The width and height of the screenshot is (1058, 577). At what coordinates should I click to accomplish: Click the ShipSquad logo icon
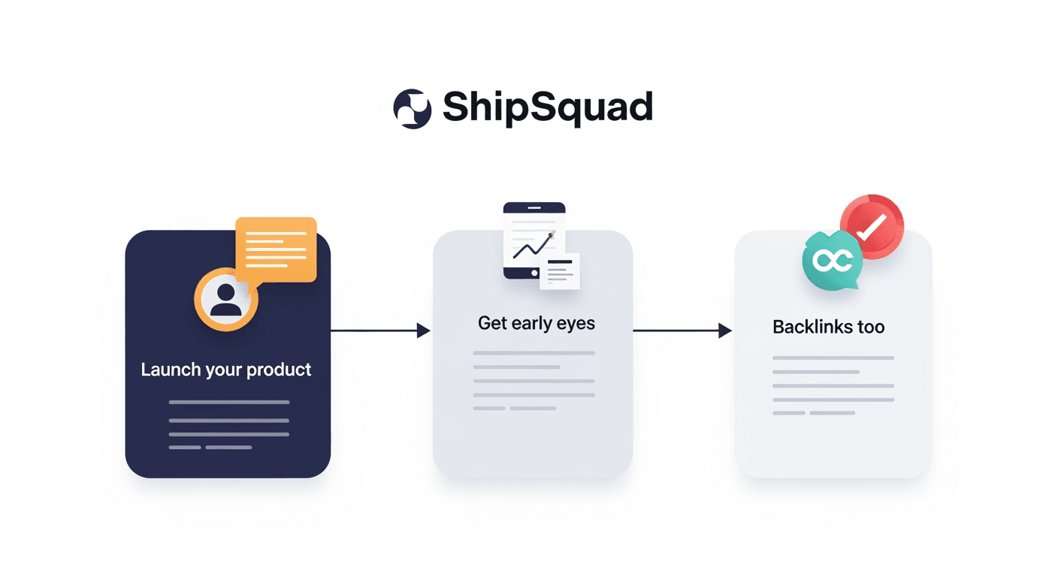click(413, 108)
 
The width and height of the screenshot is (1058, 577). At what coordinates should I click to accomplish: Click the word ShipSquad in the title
click(547, 107)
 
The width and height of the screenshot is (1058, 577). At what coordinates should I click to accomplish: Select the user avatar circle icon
click(226, 298)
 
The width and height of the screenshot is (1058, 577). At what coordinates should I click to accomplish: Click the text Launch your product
click(226, 370)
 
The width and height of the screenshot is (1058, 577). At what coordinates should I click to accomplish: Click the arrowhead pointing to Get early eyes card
click(424, 330)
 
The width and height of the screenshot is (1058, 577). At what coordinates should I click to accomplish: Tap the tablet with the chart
click(534, 240)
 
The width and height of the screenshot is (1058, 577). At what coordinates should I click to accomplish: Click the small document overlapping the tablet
click(560, 271)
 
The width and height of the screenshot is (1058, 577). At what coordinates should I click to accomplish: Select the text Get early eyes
click(537, 323)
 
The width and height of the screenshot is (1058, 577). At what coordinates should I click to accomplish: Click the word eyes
click(576, 324)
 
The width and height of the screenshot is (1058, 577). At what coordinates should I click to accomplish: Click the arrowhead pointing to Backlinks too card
click(725, 330)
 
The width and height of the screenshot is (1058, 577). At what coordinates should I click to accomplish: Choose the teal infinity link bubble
click(832, 259)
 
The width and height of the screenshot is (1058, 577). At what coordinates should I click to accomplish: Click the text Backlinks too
click(828, 327)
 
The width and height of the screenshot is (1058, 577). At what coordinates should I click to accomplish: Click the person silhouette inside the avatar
click(226, 299)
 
